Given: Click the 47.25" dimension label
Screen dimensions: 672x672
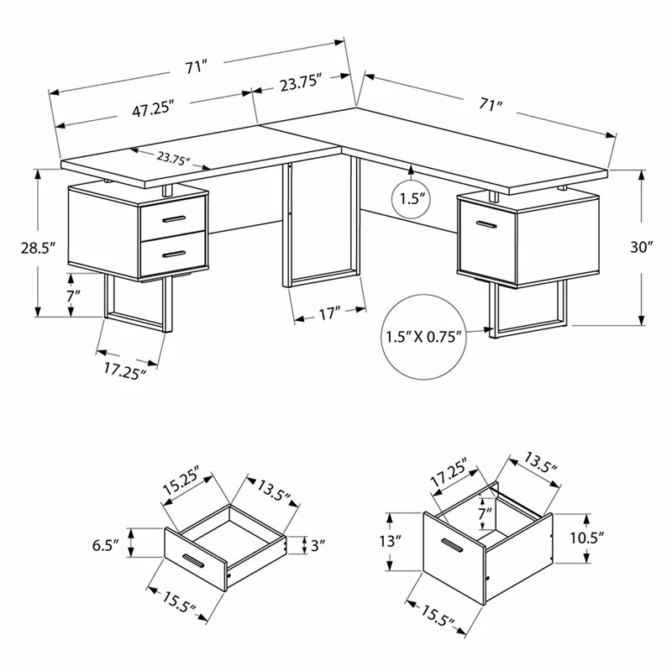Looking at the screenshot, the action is [153, 110].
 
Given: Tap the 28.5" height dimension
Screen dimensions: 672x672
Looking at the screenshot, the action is [39, 248].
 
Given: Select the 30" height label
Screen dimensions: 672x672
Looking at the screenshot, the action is [642, 247].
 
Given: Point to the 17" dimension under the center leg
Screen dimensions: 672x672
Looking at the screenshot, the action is [328, 313].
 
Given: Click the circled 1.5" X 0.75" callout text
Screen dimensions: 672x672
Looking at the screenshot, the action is [424, 337].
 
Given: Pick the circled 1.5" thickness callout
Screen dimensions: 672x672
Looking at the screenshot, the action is [411, 199].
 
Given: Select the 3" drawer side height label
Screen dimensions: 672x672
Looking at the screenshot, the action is [318, 545].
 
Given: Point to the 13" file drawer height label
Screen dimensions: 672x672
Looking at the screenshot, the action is [390, 541].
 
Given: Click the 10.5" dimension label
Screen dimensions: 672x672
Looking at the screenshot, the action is [586, 538].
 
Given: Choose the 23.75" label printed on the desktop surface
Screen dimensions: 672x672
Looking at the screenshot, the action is [173, 159].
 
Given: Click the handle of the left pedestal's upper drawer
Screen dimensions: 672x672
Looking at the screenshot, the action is [174, 219].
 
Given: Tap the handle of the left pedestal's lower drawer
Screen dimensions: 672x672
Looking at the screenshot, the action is [174, 255].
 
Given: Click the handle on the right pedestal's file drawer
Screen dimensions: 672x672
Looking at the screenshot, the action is [486, 224].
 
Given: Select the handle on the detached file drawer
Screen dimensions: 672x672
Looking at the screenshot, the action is [452, 545].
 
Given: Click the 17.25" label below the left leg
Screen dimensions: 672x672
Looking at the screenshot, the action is [125, 371].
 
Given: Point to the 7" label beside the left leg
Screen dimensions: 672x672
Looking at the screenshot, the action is [73, 296].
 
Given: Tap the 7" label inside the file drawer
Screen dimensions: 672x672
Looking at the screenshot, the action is [486, 513].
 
